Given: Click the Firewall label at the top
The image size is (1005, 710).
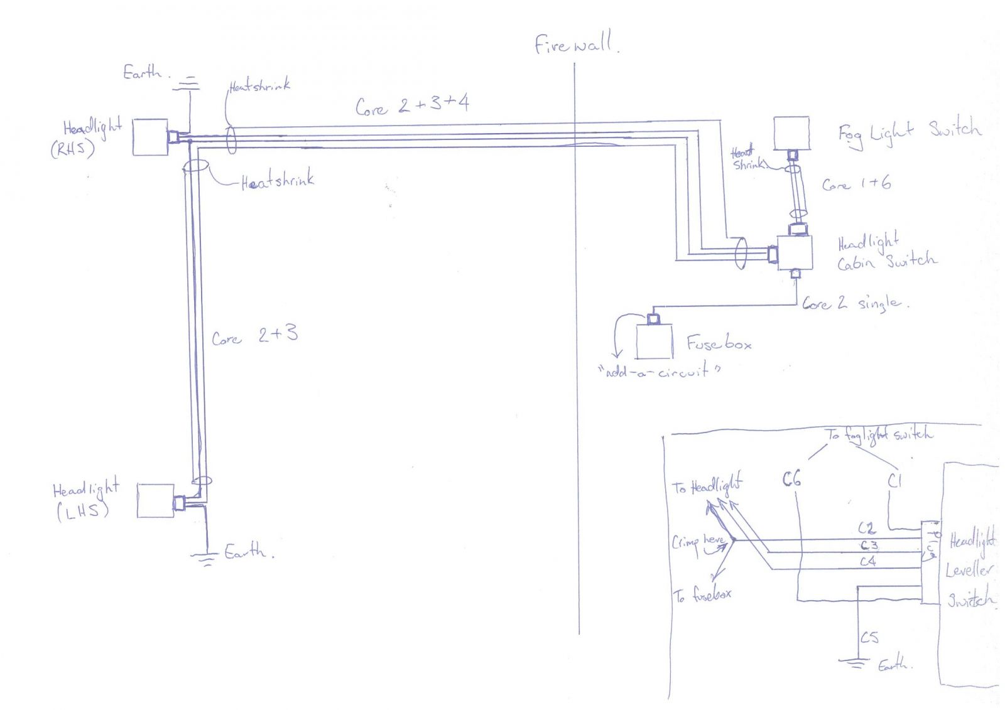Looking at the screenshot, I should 575,44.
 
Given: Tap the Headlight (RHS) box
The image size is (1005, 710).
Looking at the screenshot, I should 150,137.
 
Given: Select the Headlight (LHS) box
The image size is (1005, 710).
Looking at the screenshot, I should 155,500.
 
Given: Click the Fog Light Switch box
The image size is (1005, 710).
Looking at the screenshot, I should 791,133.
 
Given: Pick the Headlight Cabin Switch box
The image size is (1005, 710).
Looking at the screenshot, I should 795,252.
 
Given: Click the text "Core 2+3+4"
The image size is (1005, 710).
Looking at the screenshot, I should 412,105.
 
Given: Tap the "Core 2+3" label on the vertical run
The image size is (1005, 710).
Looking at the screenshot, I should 254,336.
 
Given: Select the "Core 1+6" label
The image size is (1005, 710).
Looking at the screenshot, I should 856,184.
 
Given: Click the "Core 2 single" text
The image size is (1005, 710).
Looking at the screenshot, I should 854,304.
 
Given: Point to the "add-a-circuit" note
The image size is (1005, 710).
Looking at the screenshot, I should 659,371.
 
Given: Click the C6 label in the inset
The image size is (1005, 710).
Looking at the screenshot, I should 791,480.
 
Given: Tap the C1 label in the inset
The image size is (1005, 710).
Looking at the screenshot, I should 894,481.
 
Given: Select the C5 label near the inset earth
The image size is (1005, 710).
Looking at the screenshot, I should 869,638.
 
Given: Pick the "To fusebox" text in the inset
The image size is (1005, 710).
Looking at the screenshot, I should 702,594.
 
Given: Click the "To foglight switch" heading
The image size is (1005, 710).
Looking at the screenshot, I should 879,434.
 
